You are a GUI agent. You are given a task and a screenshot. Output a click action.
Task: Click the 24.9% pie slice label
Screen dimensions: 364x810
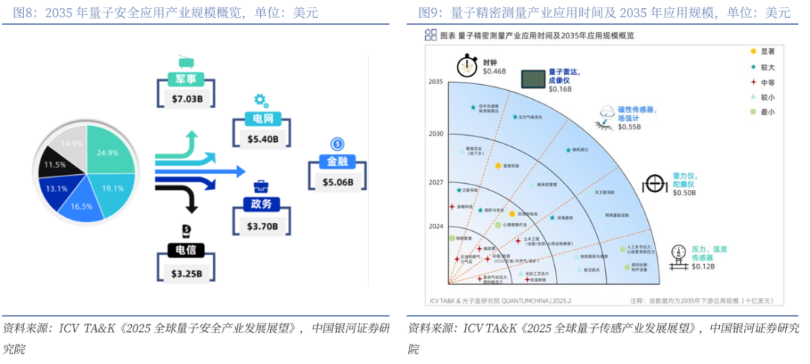[107, 152]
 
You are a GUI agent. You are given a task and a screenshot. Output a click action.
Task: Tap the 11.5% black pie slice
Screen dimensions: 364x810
[54, 164]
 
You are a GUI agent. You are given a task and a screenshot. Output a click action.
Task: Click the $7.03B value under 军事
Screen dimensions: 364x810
[185, 98]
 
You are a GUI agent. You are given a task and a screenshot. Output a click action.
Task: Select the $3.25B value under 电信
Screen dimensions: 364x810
[185, 273]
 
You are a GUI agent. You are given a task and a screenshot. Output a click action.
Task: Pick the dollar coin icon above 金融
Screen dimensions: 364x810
[337, 143]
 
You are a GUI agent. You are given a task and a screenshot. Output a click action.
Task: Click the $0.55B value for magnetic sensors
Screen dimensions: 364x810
[630, 128]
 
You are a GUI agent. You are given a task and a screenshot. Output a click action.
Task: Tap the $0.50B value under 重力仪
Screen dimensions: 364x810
[684, 193]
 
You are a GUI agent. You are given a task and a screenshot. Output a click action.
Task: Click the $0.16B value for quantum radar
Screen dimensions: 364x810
[559, 89]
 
